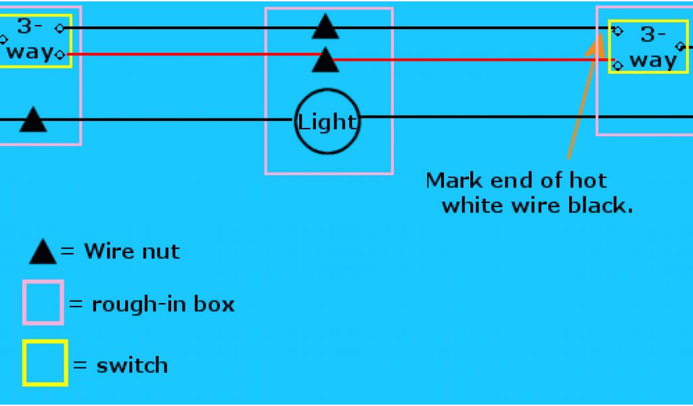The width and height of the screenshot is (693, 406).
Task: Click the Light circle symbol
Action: coord(327,122)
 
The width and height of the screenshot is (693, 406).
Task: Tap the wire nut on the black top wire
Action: coord(326,28)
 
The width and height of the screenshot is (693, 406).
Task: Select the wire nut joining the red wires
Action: coord(326,61)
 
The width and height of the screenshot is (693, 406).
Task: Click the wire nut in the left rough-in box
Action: coord(32,120)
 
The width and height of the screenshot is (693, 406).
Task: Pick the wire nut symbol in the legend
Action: coord(43,252)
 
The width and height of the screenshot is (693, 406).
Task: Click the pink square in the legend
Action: coord(43,302)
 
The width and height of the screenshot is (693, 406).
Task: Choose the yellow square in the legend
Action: coord(45,363)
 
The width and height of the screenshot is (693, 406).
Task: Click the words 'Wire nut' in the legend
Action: coord(131,252)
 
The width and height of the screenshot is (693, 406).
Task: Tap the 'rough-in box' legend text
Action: coord(162,304)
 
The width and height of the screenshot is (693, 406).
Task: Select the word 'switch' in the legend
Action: coord(132,366)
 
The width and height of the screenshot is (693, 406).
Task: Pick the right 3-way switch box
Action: coord(645,46)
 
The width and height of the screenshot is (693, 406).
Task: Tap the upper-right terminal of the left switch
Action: coord(61,28)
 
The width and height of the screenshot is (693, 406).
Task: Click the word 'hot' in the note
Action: coord(588,181)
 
